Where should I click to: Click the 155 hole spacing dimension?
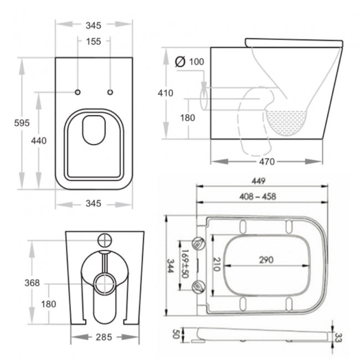[x=94, y=41]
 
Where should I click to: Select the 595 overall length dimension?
[x=22, y=122]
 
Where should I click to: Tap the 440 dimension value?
[x=38, y=140]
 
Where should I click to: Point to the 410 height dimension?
[x=165, y=93]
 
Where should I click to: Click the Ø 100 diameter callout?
[x=190, y=61]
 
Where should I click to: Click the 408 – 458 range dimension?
[x=258, y=196]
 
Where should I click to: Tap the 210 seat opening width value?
[x=217, y=264]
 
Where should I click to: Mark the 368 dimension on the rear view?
[x=33, y=283]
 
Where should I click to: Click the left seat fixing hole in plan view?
[x=78, y=91]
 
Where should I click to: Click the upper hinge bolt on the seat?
[x=199, y=241]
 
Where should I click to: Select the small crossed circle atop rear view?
[x=105, y=240]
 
